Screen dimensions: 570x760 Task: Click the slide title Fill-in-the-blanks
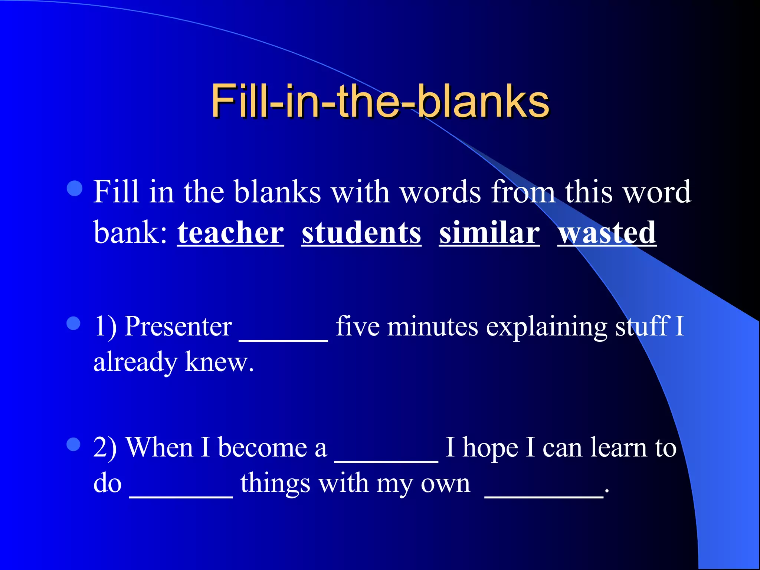pyautogui.click(x=380, y=101)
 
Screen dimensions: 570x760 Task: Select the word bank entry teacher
pyautogui.click(x=230, y=233)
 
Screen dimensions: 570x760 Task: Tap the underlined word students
pyautogui.click(x=361, y=233)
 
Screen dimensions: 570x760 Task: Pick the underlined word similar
pyautogui.click(x=489, y=233)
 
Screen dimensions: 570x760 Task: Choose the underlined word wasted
pyautogui.click(x=607, y=233)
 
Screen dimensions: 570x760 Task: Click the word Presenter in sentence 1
pyautogui.click(x=178, y=327)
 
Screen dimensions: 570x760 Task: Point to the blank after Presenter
pyautogui.click(x=284, y=336)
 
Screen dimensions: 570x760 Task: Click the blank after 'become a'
pyautogui.click(x=386, y=456)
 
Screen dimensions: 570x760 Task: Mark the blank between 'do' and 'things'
pyautogui.click(x=181, y=492)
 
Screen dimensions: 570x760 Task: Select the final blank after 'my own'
pyautogui.click(x=544, y=492)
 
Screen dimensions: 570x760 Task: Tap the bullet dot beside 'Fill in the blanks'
pyautogui.click(x=75, y=188)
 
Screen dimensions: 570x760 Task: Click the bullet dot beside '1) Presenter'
pyautogui.click(x=73, y=323)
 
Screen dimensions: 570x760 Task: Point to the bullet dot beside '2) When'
pyautogui.click(x=73, y=444)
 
